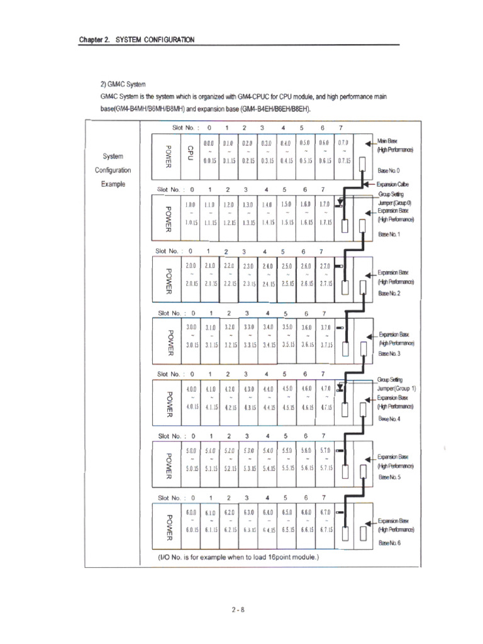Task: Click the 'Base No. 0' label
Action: [388, 171]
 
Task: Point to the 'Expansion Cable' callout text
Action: [393, 184]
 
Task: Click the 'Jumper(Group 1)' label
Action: [397, 389]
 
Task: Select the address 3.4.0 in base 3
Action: [268, 328]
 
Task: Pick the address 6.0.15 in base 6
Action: [192, 530]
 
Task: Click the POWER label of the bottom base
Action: [167, 527]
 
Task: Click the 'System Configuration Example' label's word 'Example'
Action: [113, 184]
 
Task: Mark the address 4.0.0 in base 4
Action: [192, 390]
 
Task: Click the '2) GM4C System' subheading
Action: [123, 84]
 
